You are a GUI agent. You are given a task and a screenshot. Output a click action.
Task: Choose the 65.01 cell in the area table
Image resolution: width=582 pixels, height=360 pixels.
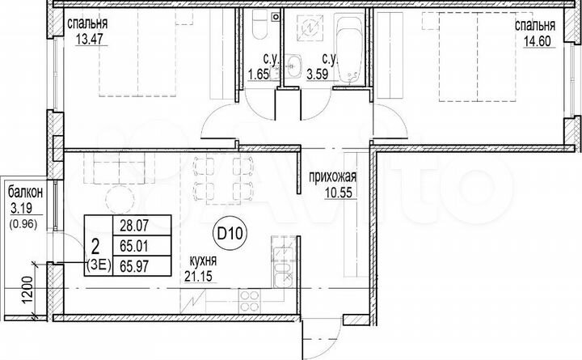133,245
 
